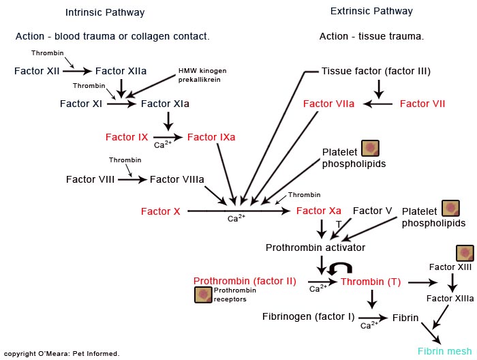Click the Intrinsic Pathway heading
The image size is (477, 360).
[105, 12]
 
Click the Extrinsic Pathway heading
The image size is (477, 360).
[371, 12]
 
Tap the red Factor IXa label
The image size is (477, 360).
[211, 137]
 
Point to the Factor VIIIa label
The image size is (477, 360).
[176, 179]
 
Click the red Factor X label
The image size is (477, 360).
[161, 211]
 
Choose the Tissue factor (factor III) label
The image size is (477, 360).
[376, 71]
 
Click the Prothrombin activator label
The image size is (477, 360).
[316, 247]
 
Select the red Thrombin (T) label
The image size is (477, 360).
[371, 282]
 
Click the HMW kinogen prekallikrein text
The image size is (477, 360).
[202, 75]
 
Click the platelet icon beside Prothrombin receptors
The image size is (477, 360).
[202, 295]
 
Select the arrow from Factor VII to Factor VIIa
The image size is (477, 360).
[378, 104]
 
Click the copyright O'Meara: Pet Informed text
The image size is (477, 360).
[61, 353]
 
